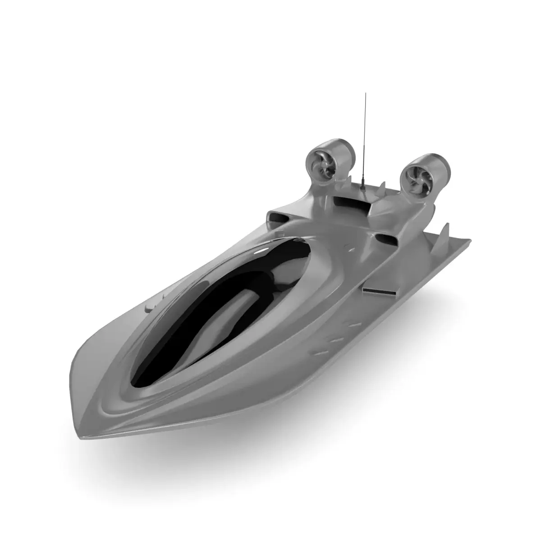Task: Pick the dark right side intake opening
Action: [386, 239]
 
